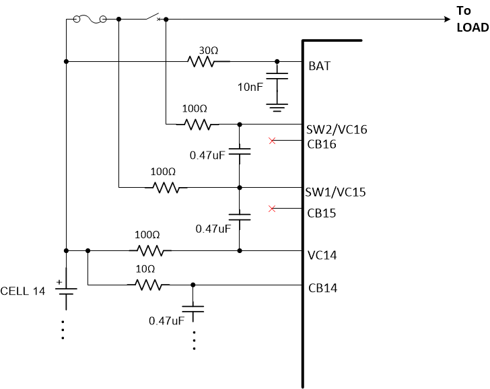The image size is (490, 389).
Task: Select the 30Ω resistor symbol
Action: pyautogui.click(x=201, y=61)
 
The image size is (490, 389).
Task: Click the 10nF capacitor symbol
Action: pyautogui.click(x=276, y=77)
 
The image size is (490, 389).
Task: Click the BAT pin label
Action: pyautogui.click(x=320, y=67)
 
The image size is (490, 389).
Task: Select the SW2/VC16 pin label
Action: pyautogui.click(x=336, y=129)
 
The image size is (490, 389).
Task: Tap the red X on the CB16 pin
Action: pyautogui.click(x=272, y=141)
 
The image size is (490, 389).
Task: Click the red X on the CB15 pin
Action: pyautogui.click(x=272, y=209)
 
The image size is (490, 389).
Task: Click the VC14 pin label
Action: pyautogui.click(x=322, y=256)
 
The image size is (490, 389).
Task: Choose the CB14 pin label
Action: pyautogui.click(x=322, y=288)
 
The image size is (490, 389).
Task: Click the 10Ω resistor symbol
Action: pyautogui.click(x=149, y=285)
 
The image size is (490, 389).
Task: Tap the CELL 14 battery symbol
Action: pyautogui.click(x=66, y=293)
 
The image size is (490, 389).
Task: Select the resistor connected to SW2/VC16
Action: pyautogui.click(x=198, y=124)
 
